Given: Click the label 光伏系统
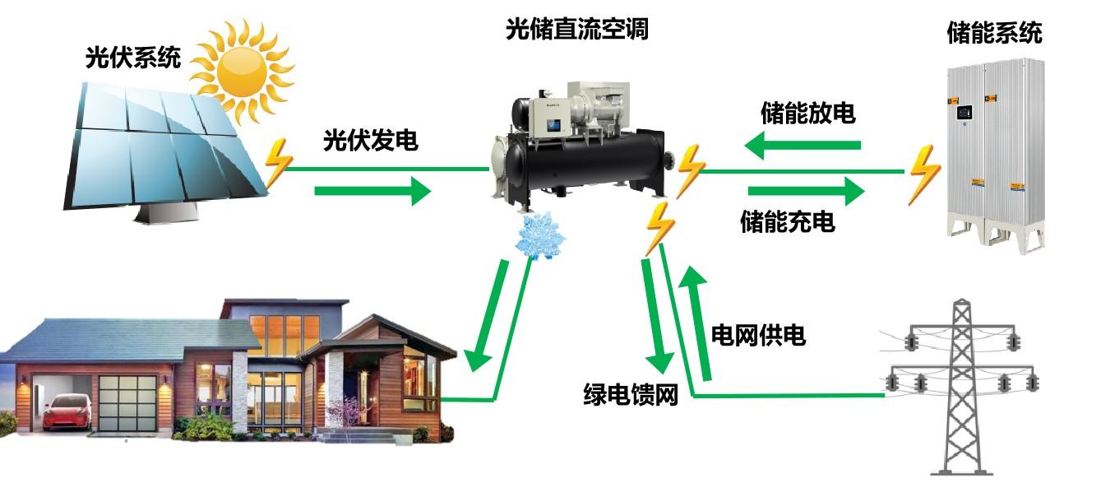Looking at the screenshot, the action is (133, 58).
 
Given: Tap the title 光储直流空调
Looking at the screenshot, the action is (577, 29).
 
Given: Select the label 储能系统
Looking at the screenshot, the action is (994, 34).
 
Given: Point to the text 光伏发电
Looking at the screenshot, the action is (371, 140).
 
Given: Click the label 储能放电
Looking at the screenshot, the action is (808, 113).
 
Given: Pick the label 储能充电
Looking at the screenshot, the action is (788, 221).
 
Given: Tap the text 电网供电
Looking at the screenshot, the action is (758, 336).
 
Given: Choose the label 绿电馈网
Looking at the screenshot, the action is (631, 395).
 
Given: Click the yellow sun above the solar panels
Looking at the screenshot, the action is (242, 72).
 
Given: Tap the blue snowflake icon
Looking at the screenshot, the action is (539, 235).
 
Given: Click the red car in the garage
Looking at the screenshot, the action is (67, 412).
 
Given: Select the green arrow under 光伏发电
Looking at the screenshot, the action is (372, 191).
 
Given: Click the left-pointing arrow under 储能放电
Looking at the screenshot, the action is (803, 145).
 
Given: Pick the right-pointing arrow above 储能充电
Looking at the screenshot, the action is (806, 191).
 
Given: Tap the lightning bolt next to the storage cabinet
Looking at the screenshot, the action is (924, 174).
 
